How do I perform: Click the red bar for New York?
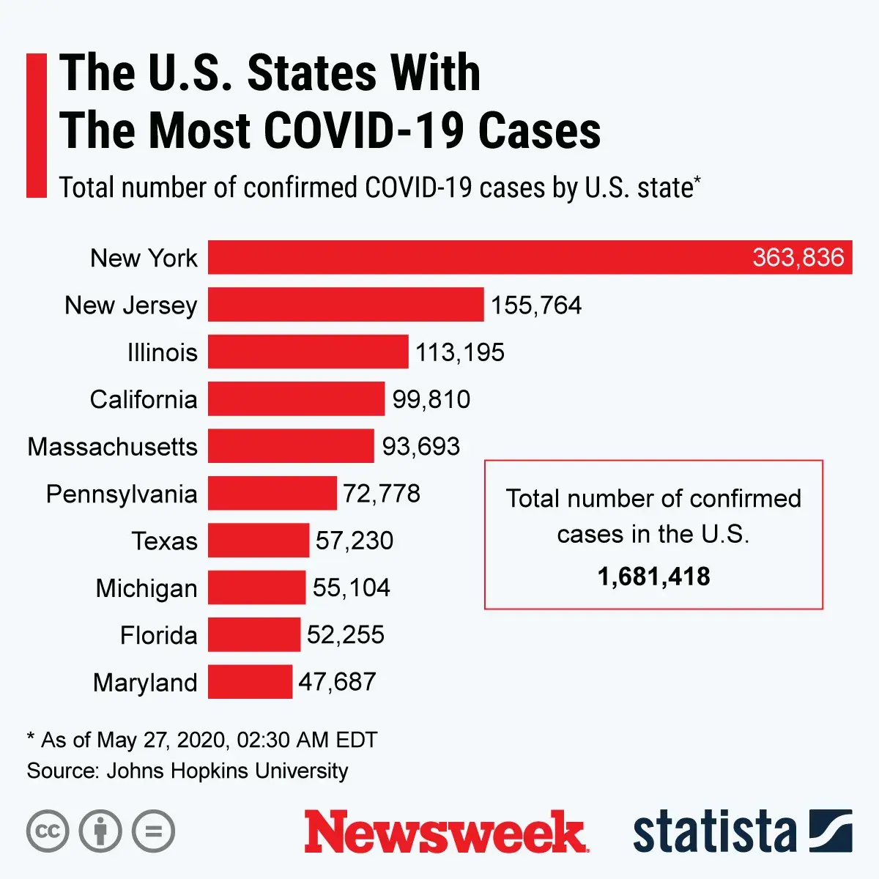pos(476,257)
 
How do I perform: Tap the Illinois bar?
pos(308,352)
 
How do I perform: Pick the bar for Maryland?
pos(250,682)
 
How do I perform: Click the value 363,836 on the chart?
pos(798,258)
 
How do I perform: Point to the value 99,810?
pos(431,399)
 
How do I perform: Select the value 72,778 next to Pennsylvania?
pos(381,494)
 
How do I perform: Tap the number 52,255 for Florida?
pos(345,635)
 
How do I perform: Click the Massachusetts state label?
pos(113,447)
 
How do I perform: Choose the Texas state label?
pos(165,541)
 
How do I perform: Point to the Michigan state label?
pos(146,588)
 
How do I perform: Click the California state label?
pos(144,400)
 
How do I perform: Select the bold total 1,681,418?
pos(653,577)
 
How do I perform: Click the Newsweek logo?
pos(445,832)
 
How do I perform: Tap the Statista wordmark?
pos(714,832)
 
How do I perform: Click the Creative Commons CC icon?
pos(48,831)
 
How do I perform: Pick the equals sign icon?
pos(154,831)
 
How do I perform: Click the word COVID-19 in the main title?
pos(363,131)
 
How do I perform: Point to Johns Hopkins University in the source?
pos(227,771)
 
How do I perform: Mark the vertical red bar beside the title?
pos(37,125)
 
